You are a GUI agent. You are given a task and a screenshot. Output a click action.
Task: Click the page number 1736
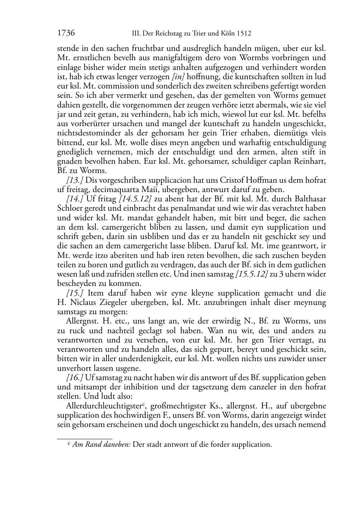(66, 34)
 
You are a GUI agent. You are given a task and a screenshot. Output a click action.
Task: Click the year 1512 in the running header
(244, 34)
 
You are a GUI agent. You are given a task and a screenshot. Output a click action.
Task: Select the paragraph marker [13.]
(75, 180)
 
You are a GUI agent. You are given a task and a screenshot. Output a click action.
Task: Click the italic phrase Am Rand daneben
(101, 445)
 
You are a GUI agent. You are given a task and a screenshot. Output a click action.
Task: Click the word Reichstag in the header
(170, 34)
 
